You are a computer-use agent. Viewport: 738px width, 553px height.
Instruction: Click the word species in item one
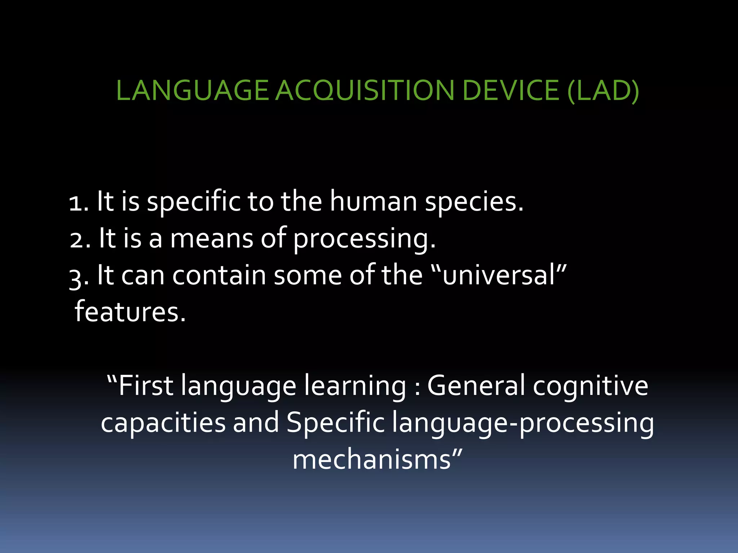coord(474,202)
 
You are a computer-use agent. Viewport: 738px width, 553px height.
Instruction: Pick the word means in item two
coord(212,239)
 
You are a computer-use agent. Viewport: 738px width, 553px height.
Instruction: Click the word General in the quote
coord(476,386)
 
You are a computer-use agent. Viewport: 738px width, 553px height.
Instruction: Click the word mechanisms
coord(372,460)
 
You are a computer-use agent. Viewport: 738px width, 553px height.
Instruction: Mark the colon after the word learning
coord(417,390)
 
